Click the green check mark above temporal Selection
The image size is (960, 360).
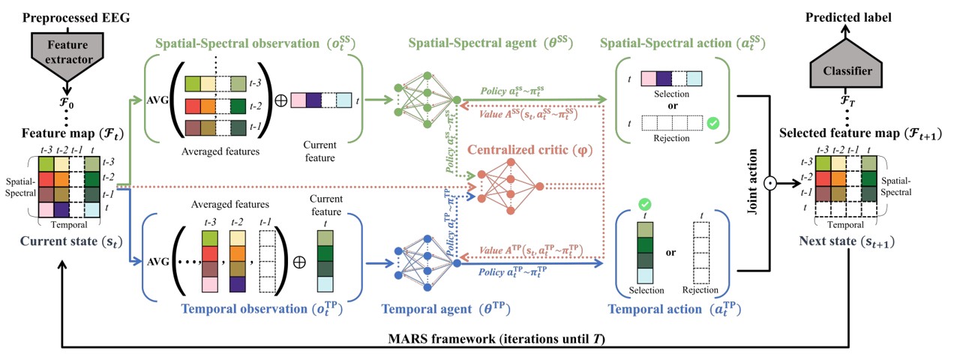point(643,204)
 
